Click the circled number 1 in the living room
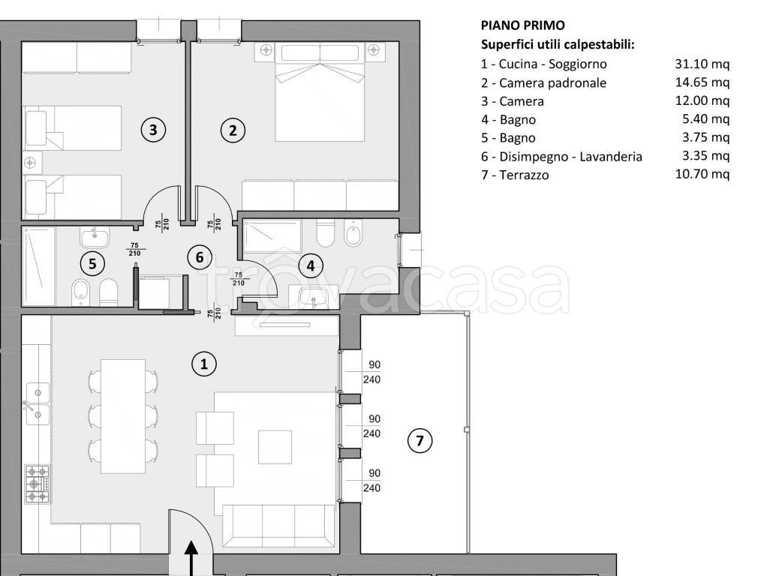point(203,364)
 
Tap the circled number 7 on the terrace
point(420,441)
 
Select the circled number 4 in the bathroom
point(310,264)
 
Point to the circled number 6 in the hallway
point(199,257)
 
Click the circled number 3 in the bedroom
point(153,130)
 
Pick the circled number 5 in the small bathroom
point(92,263)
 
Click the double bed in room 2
point(320,97)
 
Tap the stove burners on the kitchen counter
point(38,484)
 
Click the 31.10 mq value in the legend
point(702,64)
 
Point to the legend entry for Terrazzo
point(515,175)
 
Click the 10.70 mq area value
point(702,175)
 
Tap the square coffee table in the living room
point(275,447)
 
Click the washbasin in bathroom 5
point(95,236)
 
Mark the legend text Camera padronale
point(543,83)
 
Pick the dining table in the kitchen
point(123,415)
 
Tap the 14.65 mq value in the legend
point(702,82)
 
